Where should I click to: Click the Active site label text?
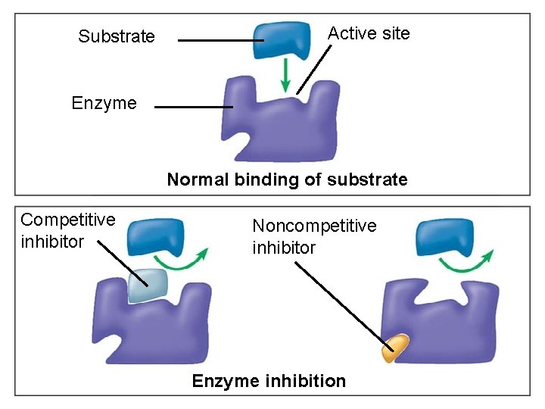point(368,33)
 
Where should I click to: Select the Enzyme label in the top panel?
point(104,103)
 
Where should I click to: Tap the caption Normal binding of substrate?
point(287,180)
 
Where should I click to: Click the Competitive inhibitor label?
point(67,230)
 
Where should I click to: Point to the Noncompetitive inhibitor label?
point(313,236)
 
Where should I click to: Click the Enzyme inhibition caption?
point(269,381)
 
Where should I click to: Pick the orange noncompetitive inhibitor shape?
point(395,348)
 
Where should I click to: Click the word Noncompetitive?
point(313,226)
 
